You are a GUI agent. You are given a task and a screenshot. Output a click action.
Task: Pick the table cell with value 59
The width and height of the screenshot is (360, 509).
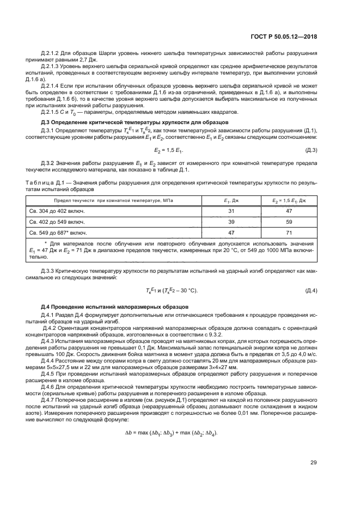[x=289, y=222]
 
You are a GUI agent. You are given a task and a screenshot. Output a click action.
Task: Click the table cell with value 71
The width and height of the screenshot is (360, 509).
[x=289, y=232]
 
